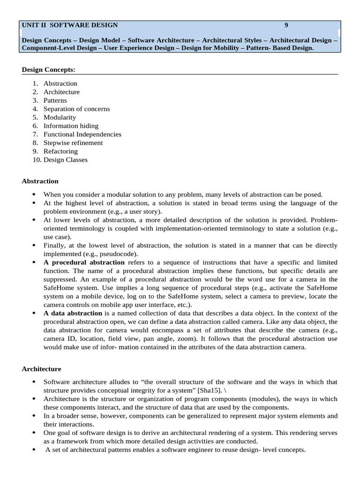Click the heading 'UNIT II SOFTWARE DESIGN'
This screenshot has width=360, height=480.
tap(70, 25)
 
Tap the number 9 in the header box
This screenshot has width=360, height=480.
tap(286, 25)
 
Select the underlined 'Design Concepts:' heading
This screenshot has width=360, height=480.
tap(48, 70)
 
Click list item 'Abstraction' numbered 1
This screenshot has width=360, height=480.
tap(60, 83)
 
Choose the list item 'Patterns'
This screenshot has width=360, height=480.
tap(55, 100)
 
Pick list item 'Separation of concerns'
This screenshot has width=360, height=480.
tap(76, 109)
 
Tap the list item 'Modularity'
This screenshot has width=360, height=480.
tap(60, 117)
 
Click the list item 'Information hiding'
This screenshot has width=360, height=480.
tap(71, 126)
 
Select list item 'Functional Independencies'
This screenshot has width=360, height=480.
tap(82, 134)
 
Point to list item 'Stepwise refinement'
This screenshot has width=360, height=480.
tap(73, 142)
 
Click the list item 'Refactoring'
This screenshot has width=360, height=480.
tap(60, 151)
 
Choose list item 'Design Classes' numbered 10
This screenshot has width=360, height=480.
tap(66, 159)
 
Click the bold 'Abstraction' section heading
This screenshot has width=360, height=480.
tap(40, 181)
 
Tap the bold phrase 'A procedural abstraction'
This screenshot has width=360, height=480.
tap(84, 262)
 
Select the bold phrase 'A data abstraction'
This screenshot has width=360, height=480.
tap(73, 313)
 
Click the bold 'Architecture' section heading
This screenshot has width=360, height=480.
tap(41, 369)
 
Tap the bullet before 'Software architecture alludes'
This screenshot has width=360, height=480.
tap(34, 382)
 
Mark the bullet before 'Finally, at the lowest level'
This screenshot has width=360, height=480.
tap(34, 246)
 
